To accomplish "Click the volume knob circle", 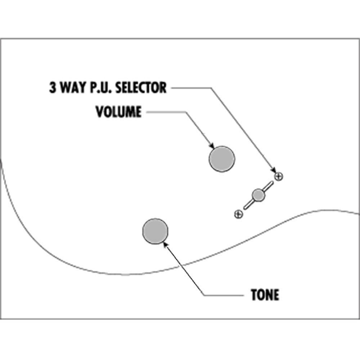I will click(222, 159).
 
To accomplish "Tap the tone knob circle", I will click(156, 231).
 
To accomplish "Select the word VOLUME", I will click(118, 112).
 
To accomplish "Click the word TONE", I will click(265, 295).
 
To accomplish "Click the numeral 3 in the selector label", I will click(53, 87).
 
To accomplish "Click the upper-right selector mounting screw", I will click(279, 176).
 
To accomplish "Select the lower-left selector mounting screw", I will click(238, 214).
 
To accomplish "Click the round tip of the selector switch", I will click(258, 195).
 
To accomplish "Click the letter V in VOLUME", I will click(99, 112).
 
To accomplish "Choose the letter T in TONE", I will click(255, 295).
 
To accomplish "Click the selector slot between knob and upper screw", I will click(268, 186).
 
